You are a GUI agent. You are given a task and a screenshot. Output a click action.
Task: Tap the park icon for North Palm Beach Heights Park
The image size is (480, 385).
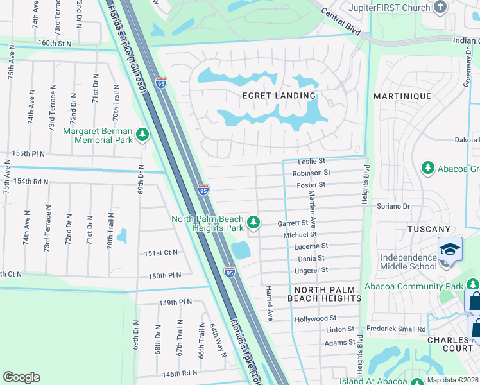tap(254, 222)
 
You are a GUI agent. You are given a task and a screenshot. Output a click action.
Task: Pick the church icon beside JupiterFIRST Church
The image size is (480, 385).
tap(440, 7)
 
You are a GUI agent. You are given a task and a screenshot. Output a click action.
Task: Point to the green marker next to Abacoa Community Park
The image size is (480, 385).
tap(473, 283)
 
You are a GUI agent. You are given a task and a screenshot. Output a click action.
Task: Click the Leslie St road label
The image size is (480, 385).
tap(313, 161)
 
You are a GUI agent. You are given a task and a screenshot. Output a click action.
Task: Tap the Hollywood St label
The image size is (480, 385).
tap(315, 318)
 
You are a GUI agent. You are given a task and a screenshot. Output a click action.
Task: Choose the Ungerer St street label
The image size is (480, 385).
tap(311, 270)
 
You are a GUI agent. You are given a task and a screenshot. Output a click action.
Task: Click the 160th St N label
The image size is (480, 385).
tap(54, 43)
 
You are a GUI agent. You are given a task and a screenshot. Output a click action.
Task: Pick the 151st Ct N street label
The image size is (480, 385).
tap(160, 253)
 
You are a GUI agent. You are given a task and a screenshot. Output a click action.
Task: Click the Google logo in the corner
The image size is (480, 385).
tap(21, 377)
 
